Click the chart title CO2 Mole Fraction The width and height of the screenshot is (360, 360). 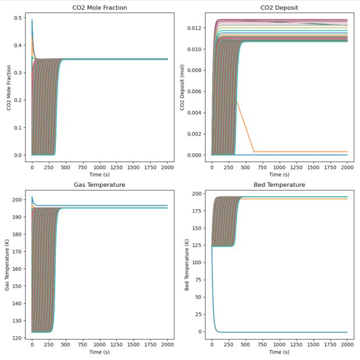click(100, 7)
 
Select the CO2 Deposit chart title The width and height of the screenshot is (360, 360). click(280, 7)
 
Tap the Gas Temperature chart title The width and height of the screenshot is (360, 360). click(100, 185)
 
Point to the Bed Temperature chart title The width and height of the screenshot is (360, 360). click(280, 185)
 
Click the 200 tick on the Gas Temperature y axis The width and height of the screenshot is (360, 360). click(17, 200)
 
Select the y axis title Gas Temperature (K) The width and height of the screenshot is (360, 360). click(8, 266)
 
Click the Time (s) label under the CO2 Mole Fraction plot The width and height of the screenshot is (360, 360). click(100, 174)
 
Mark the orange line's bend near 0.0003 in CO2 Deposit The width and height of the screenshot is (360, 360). click(254, 152)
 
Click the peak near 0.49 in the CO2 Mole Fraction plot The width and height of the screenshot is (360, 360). click(32, 20)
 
